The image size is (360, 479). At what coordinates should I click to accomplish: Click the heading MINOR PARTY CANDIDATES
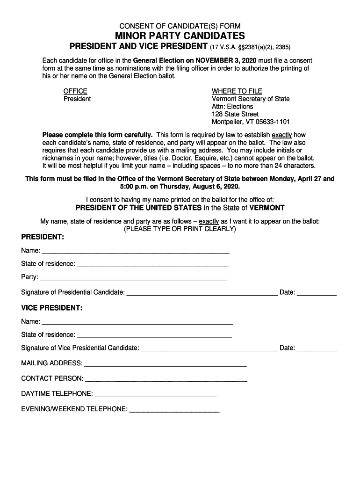(x=180, y=36)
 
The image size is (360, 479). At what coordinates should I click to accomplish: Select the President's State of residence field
(x=152, y=264)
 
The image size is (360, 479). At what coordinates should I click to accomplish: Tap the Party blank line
(x=134, y=277)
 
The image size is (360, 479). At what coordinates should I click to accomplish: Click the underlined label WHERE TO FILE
(x=237, y=91)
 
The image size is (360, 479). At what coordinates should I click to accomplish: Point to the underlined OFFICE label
(x=75, y=91)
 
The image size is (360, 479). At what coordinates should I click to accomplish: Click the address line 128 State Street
(x=235, y=114)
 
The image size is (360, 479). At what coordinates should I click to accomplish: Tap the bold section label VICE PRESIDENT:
(x=51, y=308)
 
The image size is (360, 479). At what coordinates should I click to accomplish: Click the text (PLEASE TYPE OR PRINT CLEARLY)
(x=180, y=229)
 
